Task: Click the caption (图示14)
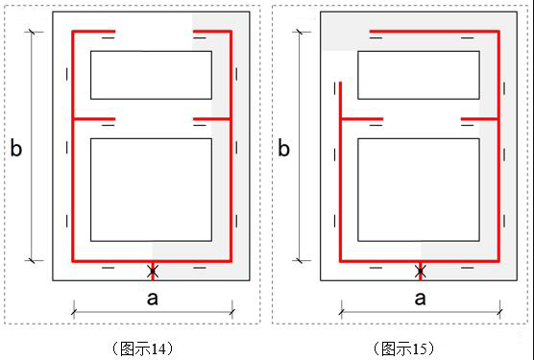[x=142, y=348]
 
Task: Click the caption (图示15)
[x=404, y=348]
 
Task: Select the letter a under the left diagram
[x=153, y=299]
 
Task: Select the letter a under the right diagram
[x=421, y=299]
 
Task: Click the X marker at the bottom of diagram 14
[x=153, y=272]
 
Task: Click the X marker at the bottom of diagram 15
[x=421, y=272]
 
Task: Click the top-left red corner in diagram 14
[x=73, y=32]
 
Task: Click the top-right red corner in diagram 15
[x=498, y=32]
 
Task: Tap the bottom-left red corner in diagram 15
[x=341, y=261]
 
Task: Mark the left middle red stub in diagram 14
[x=94, y=119]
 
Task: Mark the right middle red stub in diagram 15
[x=479, y=119]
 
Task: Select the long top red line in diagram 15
[x=434, y=32]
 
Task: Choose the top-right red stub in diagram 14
[x=212, y=32]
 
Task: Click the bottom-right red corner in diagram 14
[x=231, y=261]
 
